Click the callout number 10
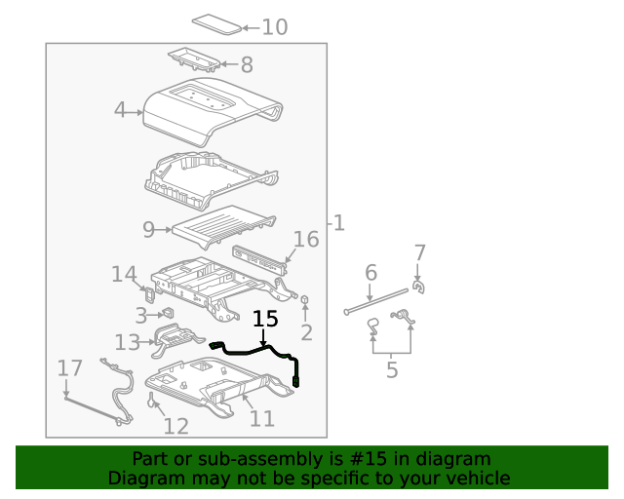click(275, 27)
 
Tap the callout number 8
click(247, 64)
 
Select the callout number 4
click(119, 109)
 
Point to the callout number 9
click(148, 230)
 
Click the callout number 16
click(306, 240)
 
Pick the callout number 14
click(124, 274)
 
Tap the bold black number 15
click(265, 319)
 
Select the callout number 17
click(69, 368)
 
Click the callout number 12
click(175, 426)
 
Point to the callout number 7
click(420, 252)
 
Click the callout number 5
click(392, 370)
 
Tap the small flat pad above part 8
click(216, 24)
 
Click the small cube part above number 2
click(305, 299)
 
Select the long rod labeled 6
click(376, 301)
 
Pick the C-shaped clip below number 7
click(418, 287)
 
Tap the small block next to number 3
click(168, 313)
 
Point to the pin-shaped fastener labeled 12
click(152, 400)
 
